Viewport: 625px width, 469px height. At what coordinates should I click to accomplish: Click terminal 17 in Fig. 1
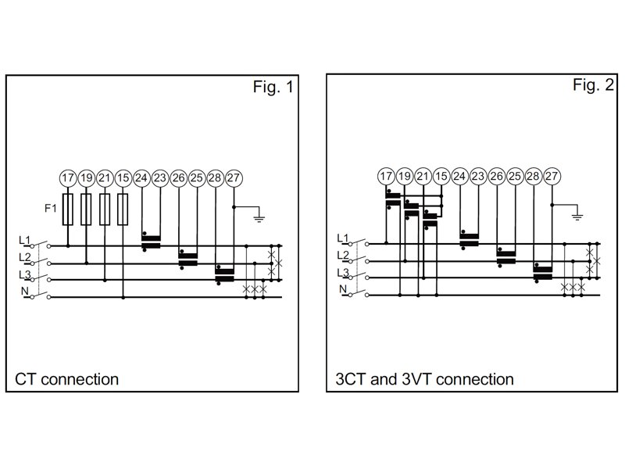coord(68,177)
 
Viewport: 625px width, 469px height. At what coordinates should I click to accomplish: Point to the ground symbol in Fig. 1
coord(260,218)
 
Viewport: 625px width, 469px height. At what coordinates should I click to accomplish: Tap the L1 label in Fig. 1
coord(23,240)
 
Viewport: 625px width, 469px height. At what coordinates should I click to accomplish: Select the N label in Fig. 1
coord(23,292)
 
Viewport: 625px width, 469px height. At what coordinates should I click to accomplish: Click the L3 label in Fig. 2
coord(342,272)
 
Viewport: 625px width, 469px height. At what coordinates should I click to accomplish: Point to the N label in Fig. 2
coord(341,289)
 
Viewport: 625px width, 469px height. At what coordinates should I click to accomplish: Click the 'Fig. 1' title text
coord(273,88)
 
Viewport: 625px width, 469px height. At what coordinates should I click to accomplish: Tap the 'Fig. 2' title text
coord(594,85)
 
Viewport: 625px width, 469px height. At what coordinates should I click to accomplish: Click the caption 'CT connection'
coord(67,380)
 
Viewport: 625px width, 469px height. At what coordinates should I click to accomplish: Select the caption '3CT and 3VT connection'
coord(425,380)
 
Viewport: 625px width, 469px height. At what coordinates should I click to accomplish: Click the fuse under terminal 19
coord(87,209)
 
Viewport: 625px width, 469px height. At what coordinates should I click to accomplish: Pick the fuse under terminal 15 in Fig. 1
coord(123,209)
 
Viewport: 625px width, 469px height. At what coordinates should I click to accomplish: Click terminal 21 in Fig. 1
coord(105,177)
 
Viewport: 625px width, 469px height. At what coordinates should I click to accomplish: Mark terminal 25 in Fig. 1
coord(197,177)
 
